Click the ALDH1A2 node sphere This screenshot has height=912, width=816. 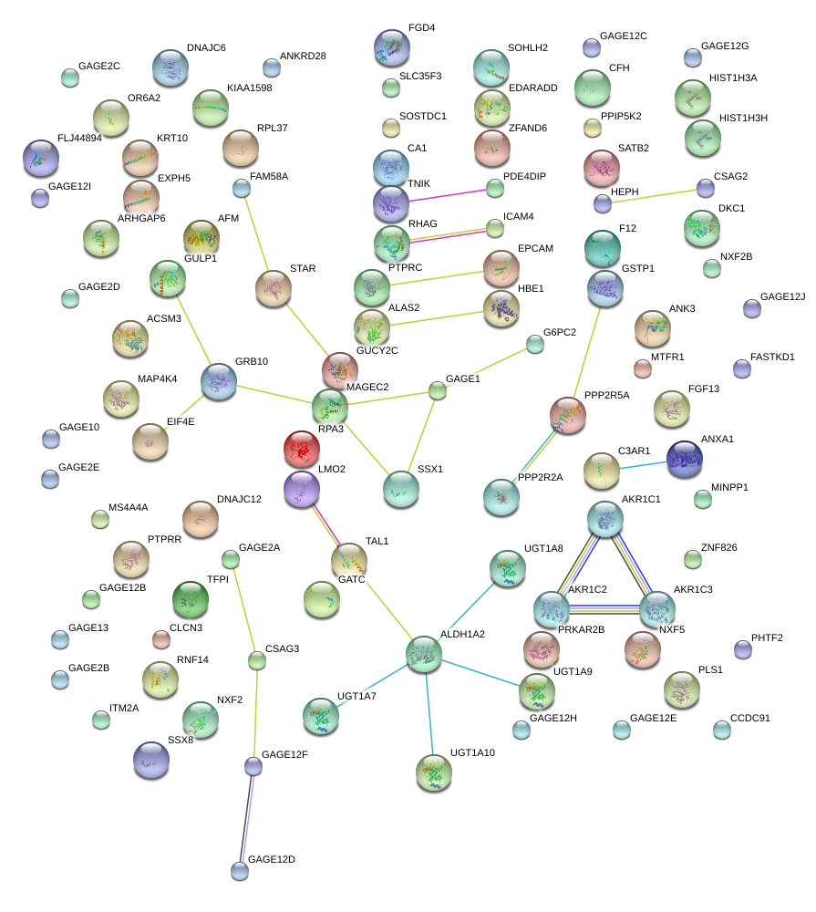tap(424, 654)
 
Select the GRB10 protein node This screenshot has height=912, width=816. tap(219, 381)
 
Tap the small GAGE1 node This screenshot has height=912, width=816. tap(438, 390)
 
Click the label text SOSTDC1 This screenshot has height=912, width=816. tap(423, 117)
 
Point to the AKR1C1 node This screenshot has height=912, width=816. tap(605, 519)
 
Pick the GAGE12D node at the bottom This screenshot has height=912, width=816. tap(239, 871)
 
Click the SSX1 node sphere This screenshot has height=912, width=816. tap(401, 489)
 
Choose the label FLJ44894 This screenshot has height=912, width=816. tap(79, 139)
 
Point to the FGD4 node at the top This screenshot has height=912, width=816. tap(392, 47)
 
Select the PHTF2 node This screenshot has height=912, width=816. tap(743, 649)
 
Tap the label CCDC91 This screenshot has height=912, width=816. tap(750, 719)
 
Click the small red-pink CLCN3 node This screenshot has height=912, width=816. tap(161, 639)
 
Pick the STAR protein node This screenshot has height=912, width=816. tap(273, 288)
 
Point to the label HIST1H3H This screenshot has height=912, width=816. tap(743, 119)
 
